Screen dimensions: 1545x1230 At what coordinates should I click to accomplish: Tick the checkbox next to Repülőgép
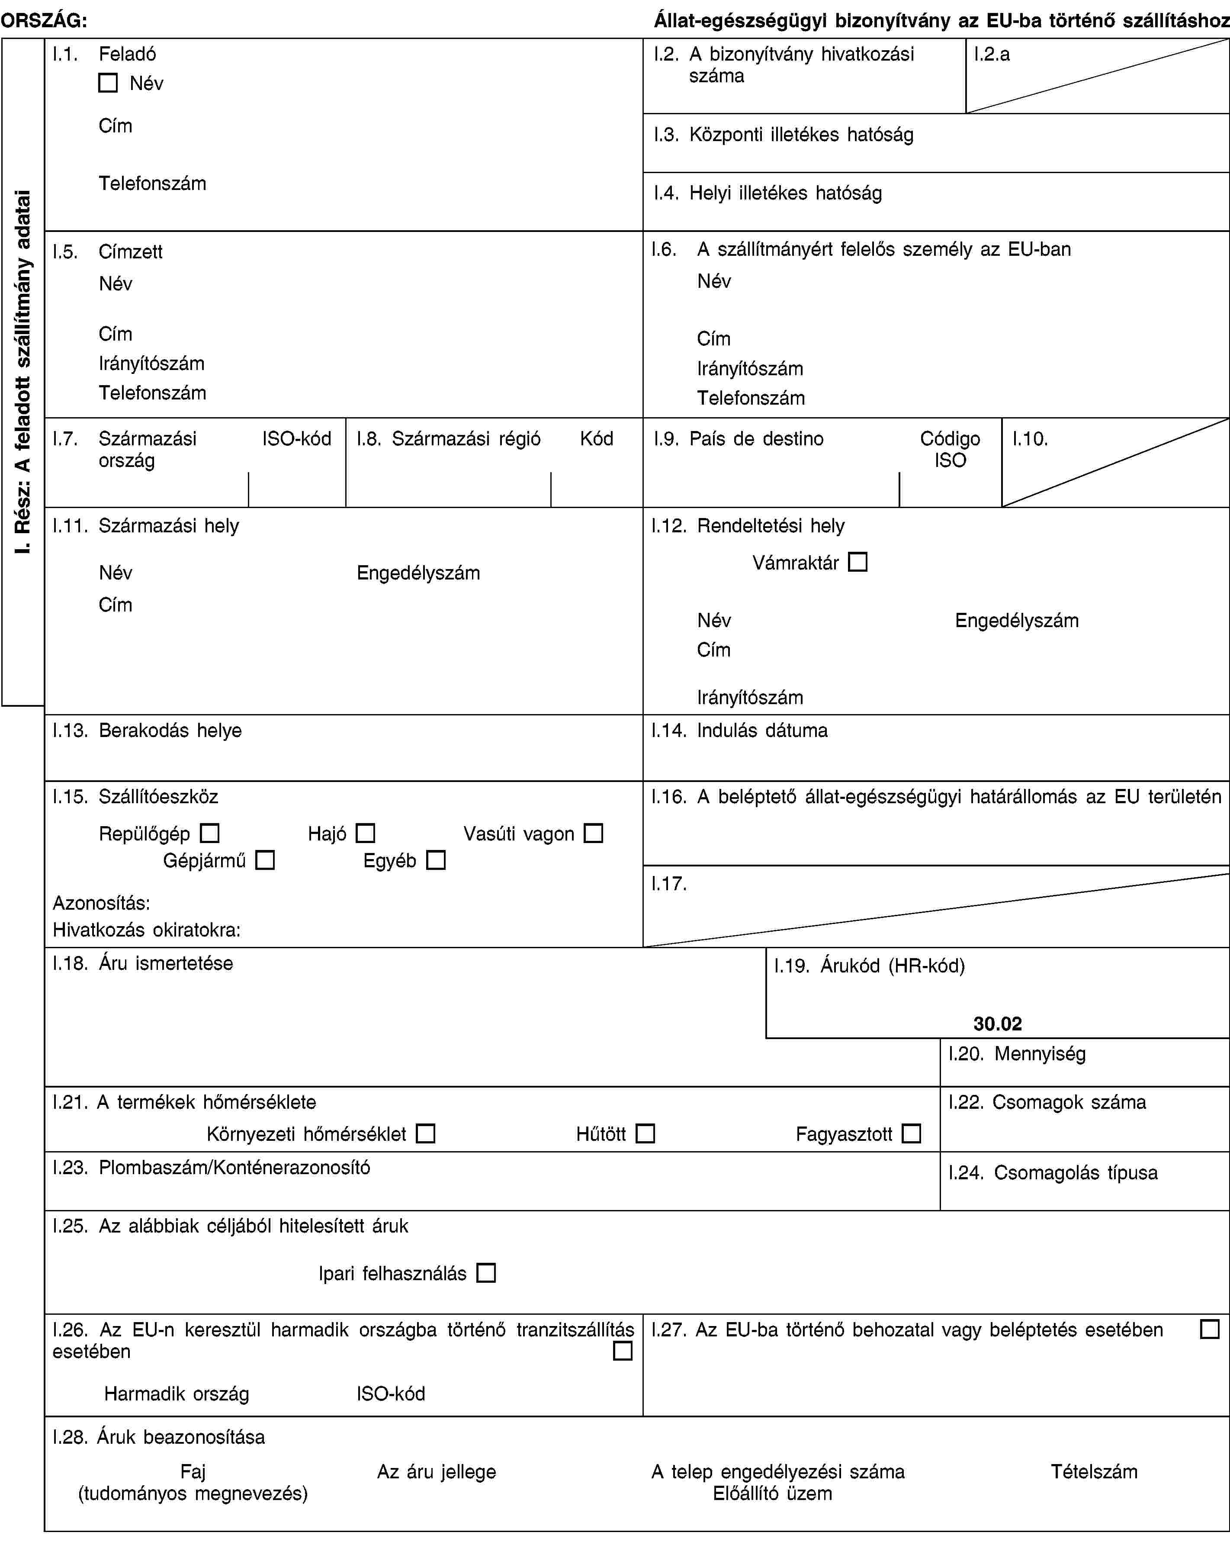210,834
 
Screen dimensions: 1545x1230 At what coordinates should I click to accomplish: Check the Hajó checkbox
365,834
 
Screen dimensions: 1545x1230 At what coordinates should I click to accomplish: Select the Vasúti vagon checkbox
593,834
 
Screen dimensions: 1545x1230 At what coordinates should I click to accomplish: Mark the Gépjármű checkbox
265,860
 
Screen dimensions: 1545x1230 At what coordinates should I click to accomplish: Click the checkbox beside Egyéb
436,860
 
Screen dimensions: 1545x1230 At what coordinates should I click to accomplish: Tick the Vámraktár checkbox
857,562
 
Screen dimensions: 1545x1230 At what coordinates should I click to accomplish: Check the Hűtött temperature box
646,1134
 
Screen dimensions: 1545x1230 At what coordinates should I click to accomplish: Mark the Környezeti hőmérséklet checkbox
426,1134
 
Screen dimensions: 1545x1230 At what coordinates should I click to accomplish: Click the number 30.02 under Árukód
997,1024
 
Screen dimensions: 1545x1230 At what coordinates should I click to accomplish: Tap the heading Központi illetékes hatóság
801,135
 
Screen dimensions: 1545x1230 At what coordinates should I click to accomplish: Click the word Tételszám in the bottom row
1094,1472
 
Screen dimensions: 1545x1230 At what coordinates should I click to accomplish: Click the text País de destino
757,438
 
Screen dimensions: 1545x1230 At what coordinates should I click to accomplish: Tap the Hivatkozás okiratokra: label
147,930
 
